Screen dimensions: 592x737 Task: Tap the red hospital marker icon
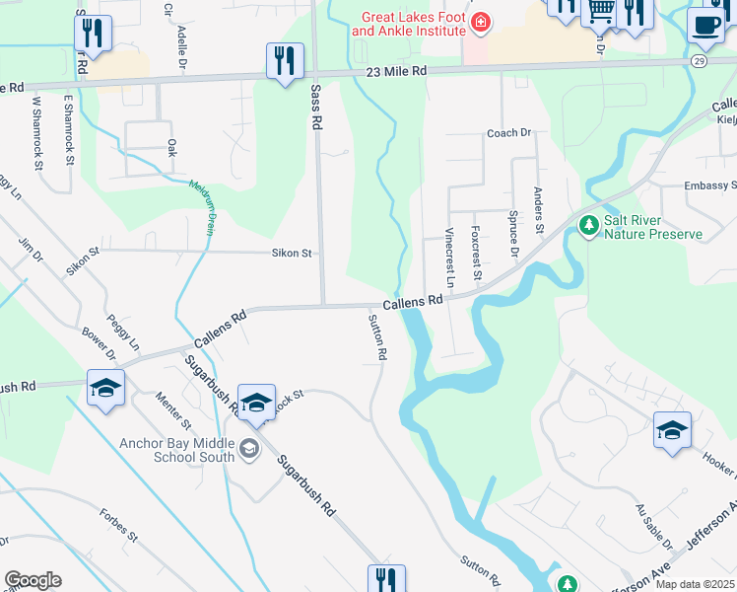(x=480, y=23)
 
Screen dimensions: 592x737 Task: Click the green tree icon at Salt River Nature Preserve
(x=589, y=226)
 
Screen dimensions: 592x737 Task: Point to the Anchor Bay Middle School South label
(x=176, y=450)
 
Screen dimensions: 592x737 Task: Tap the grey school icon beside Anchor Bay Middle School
(x=249, y=450)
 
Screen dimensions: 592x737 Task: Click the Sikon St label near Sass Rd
(x=293, y=254)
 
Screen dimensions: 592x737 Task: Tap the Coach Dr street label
(x=508, y=132)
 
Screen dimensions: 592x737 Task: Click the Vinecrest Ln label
(x=449, y=258)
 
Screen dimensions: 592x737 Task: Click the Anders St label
(x=539, y=210)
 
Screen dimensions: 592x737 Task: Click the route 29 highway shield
(x=698, y=61)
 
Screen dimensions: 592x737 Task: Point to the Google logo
(x=33, y=580)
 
